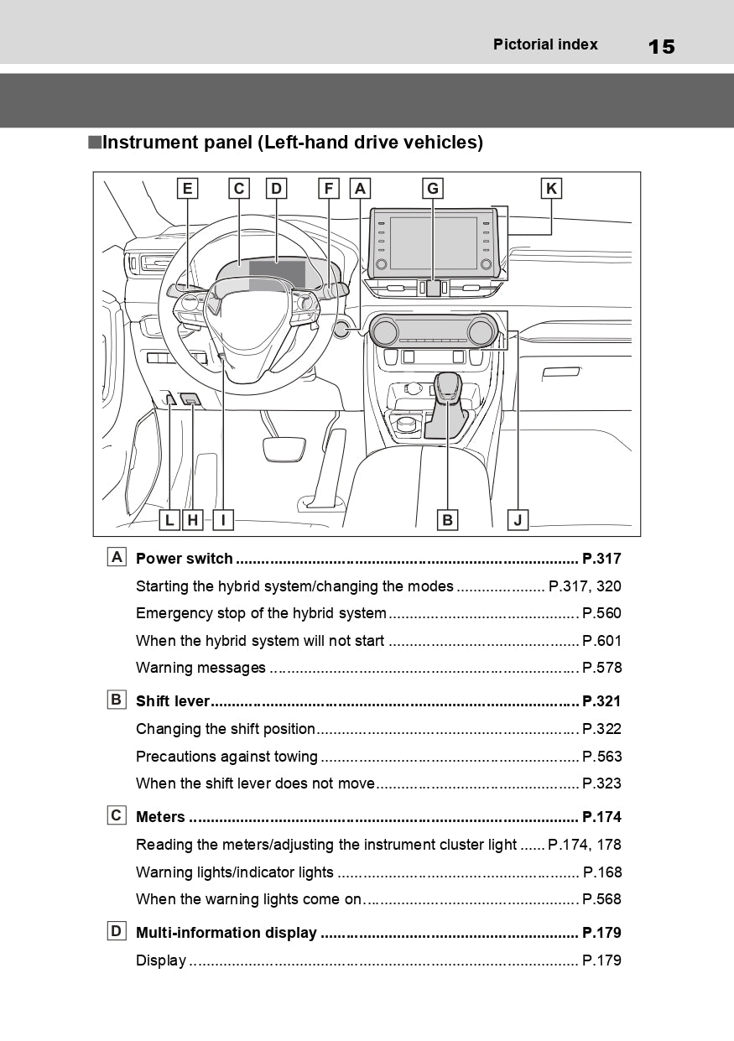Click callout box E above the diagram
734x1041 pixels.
tap(187, 189)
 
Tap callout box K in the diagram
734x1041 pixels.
tap(551, 189)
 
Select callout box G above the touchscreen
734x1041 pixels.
tap(433, 189)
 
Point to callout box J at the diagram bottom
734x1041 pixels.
tap(518, 519)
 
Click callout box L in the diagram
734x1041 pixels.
tap(169, 519)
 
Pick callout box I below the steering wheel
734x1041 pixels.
tap(223, 519)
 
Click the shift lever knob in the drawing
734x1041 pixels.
tap(447, 387)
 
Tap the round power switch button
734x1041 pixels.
tap(342, 329)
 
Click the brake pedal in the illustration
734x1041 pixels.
tap(284, 449)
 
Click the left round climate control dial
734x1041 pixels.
tap(384, 331)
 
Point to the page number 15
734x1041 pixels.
tap(662, 47)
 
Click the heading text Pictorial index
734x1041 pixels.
tap(545, 44)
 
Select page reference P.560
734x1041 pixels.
tap(602, 613)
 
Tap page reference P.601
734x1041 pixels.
tap(602, 641)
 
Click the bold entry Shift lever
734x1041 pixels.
tap(173, 700)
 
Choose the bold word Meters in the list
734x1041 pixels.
tap(160, 816)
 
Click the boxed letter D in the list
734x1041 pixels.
tap(117, 931)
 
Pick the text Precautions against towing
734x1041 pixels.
tap(226, 757)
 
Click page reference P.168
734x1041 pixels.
tap(602, 872)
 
